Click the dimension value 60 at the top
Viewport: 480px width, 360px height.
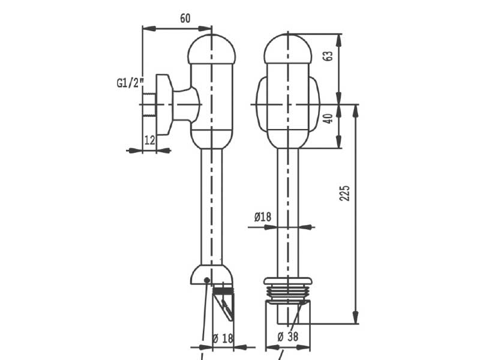pos(185,19)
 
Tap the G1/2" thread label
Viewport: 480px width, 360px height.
pos(130,83)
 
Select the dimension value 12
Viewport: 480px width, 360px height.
pos(149,140)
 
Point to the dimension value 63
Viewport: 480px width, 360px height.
pos(328,56)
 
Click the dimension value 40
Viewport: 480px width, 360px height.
pos(328,118)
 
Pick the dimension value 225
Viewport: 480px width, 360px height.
pos(344,193)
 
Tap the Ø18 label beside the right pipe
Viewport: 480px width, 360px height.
pos(263,217)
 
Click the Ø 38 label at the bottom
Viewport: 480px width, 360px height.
pos(288,337)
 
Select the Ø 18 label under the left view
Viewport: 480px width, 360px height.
pos(223,338)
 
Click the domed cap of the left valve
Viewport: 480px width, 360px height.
pos(212,49)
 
